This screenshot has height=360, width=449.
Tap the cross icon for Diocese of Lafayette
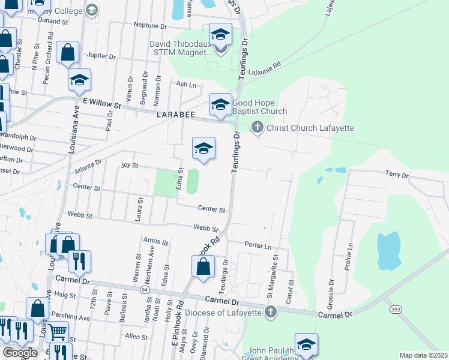coord(270,311)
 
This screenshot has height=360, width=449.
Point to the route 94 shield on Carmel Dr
coord(145,290)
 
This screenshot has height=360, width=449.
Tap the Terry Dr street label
coord(396,175)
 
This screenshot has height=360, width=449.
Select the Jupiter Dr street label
coord(101,56)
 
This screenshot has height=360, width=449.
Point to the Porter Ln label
coord(258,245)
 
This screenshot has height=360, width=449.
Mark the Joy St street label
coord(130,164)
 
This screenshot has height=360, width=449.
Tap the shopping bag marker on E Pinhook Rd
coord(203,266)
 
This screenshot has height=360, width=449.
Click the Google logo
coord(20,353)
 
